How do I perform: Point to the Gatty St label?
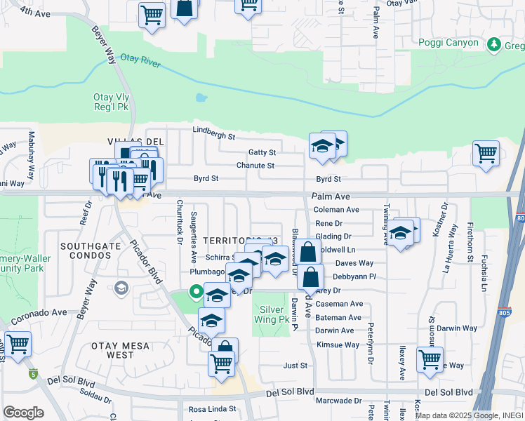click(x=262, y=152)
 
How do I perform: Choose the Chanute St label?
click(x=255, y=166)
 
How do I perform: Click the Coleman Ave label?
click(x=336, y=210)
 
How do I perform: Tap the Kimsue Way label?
click(x=338, y=345)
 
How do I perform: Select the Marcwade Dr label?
click(x=339, y=401)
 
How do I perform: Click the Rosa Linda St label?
click(x=213, y=408)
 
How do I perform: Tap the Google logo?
click(x=23, y=413)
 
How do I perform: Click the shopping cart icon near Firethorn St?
click(x=486, y=152)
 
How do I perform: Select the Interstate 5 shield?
click(x=34, y=374)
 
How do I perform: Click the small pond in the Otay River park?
click(x=201, y=98)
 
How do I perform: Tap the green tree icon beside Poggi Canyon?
click(x=494, y=44)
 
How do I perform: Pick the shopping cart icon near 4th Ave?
click(x=152, y=14)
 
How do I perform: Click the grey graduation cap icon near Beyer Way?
click(x=121, y=288)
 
